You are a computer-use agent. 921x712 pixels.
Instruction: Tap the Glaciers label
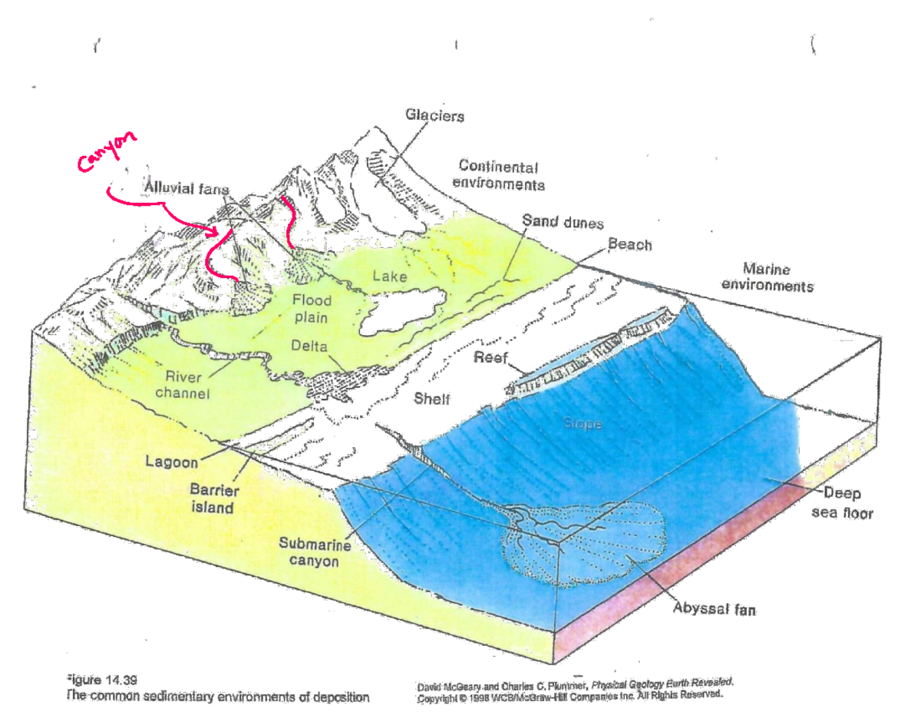point(434,117)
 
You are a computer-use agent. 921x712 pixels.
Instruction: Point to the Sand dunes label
point(563,222)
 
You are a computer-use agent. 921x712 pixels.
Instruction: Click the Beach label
point(629,245)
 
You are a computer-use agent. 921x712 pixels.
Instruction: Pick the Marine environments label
point(777,278)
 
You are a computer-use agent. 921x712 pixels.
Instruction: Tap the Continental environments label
point(499,175)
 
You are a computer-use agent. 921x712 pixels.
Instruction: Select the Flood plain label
point(310,308)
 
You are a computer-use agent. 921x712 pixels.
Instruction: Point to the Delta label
point(309,346)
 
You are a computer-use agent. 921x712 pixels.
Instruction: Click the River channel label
point(183,385)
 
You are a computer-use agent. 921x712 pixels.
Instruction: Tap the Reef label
point(489,358)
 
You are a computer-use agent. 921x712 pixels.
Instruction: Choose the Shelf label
point(431,398)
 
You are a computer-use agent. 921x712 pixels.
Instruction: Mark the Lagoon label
point(171,462)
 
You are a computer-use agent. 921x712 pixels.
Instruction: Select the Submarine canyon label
point(315,551)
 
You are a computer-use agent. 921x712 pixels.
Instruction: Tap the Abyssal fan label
point(714,610)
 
